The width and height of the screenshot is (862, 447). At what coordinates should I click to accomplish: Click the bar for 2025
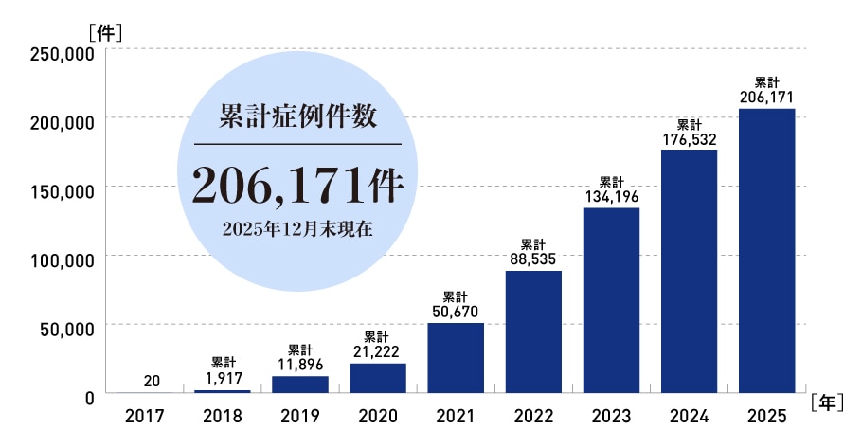766,251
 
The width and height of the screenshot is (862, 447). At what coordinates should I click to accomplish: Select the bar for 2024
689,271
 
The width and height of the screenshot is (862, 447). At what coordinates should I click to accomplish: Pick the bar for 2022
533,331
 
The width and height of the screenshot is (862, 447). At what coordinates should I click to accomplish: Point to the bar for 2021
456,358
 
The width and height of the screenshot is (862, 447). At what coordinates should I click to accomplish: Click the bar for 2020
378,378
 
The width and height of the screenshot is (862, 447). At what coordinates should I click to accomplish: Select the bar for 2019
300,384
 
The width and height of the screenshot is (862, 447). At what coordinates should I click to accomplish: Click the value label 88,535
533,259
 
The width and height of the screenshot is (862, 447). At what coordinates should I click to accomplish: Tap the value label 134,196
611,196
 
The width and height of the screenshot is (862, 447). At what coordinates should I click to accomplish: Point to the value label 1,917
223,378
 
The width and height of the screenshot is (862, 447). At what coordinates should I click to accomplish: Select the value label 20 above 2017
152,381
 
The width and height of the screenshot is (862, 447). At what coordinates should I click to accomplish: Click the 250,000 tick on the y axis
60,54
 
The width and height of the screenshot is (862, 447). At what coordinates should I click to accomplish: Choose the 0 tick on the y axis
88,398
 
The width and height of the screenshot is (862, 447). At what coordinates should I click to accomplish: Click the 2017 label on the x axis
145,416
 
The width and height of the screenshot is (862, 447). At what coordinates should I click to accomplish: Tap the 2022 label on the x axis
533,416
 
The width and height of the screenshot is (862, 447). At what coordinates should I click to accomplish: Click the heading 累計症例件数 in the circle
297,117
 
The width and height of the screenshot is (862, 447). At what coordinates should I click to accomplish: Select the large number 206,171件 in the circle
297,185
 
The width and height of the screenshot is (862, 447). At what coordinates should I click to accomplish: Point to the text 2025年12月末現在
297,228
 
